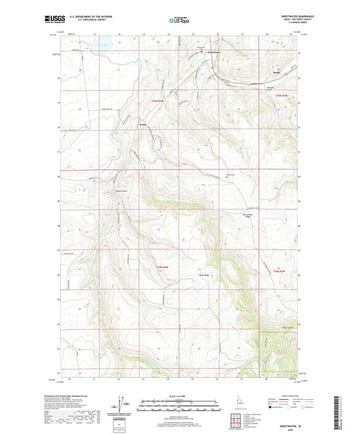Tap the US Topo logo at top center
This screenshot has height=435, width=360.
pyautogui.click(x=178, y=21)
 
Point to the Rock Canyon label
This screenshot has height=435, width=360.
pyautogui.click(x=267, y=329)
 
